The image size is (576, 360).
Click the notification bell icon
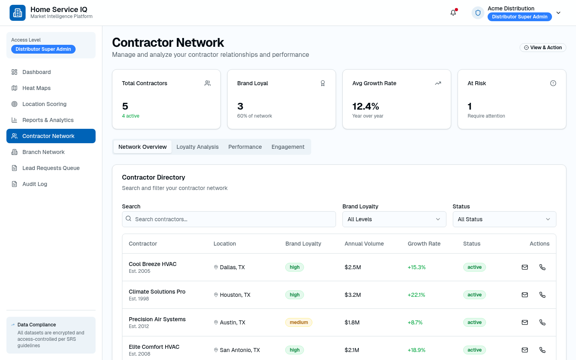click(453, 13)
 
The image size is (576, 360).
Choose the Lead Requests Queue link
click(51, 168)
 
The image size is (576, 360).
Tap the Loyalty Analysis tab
click(198, 147)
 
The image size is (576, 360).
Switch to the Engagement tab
click(288, 147)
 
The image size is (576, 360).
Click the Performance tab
click(245, 147)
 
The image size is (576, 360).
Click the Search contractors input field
click(229, 219)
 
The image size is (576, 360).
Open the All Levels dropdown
click(394, 219)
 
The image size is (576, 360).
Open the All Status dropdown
click(504, 219)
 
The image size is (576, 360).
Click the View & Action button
click(543, 48)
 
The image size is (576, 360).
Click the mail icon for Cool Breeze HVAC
click(524, 267)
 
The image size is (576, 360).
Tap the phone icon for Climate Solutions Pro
click(542, 295)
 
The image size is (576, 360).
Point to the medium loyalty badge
click(298, 322)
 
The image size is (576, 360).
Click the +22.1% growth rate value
click(416, 295)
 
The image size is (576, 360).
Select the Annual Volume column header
click(364, 244)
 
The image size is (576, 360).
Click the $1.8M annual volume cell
click(352, 322)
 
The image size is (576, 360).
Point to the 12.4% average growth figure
click(366, 106)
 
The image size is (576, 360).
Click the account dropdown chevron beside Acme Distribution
click(558, 13)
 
